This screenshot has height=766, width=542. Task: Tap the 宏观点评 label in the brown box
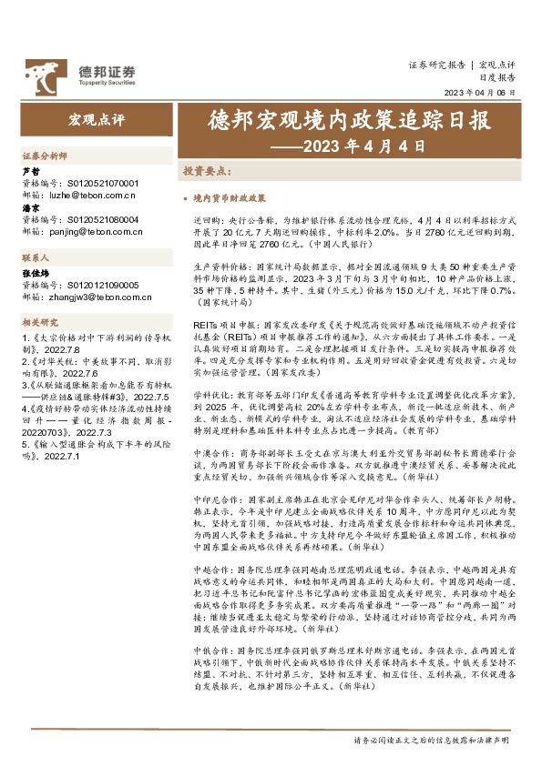click(96, 119)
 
